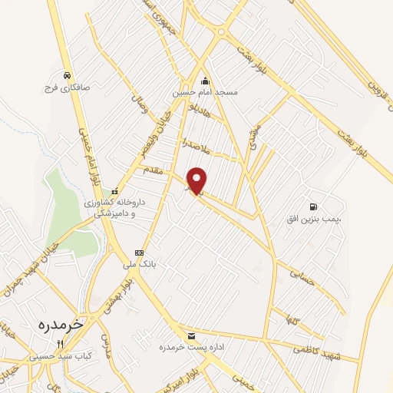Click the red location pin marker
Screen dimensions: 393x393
pyautogui.click(x=197, y=180)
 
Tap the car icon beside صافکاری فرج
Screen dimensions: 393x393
pyautogui.click(x=68, y=75)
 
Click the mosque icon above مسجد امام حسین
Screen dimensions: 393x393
pyautogui.click(x=205, y=81)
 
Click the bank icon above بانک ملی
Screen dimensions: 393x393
pyautogui.click(x=139, y=253)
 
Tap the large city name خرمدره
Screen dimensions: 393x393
pyautogui.click(x=60, y=325)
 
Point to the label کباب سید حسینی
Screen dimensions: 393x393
pyautogui.click(x=61, y=356)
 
